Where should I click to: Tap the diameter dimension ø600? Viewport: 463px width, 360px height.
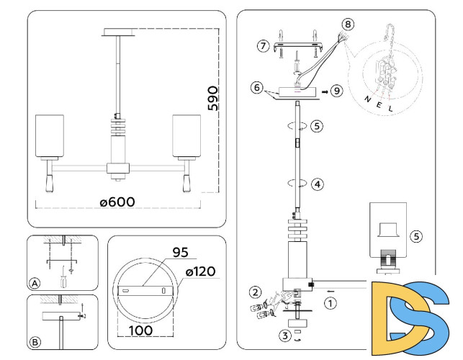tap(117, 202)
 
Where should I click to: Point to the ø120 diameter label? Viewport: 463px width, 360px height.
tap(201, 271)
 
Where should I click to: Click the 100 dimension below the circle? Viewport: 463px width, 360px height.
tap(143, 330)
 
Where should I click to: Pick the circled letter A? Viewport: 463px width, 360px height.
tap(35, 282)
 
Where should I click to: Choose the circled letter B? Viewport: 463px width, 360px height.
tap(35, 341)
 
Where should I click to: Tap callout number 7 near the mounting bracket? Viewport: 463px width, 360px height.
tap(263, 47)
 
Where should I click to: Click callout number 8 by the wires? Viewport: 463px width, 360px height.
tap(348, 24)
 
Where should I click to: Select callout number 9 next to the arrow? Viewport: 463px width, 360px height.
tap(338, 91)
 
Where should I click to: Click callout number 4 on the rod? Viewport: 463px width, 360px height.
tap(317, 184)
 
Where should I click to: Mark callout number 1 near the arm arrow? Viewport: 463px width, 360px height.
tap(330, 303)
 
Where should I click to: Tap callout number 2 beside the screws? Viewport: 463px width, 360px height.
tap(255, 292)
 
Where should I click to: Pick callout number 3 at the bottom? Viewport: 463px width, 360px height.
tap(285, 335)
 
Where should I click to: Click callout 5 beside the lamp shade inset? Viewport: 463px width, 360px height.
tap(416, 235)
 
